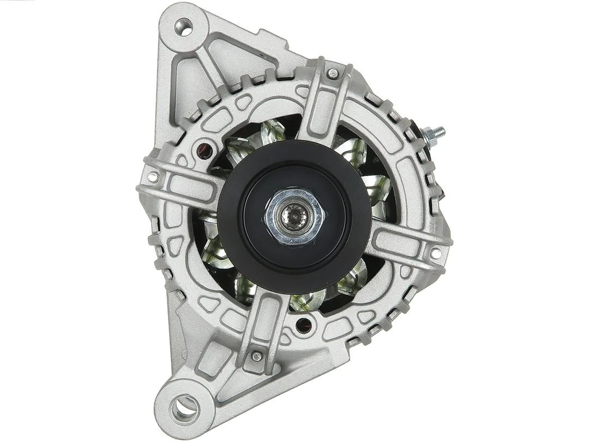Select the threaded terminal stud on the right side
[x=436, y=133]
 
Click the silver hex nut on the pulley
[x=294, y=217]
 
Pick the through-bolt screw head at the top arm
[x=332, y=73]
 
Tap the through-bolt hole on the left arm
[x=153, y=177]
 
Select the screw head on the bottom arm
[x=256, y=356]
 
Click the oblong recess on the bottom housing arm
[x=264, y=319]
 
